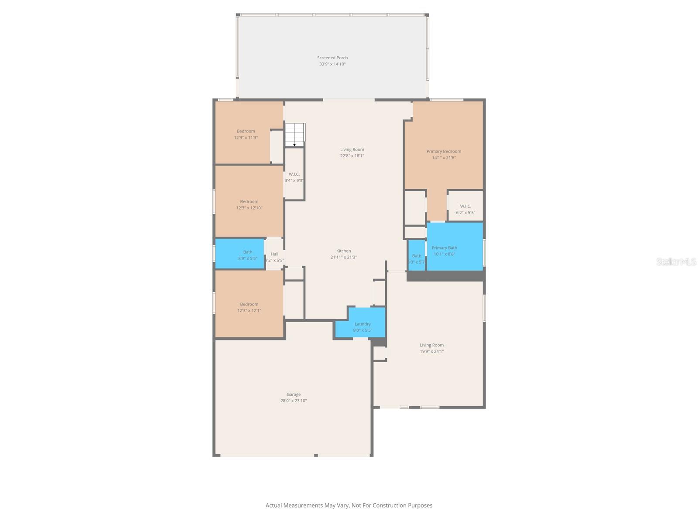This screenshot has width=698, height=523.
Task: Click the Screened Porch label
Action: pos(332,58)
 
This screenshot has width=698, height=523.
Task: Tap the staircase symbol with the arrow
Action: pos(295,135)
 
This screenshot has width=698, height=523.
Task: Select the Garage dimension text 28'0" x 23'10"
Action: pos(294,401)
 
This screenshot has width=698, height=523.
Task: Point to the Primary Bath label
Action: pos(444,248)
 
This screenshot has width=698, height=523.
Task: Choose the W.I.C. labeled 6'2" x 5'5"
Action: pos(465,209)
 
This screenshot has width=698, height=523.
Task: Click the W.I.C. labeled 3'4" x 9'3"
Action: pos(294,177)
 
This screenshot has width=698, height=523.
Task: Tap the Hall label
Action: pos(274,254)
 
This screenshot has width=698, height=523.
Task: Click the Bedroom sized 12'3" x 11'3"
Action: pos(246,134)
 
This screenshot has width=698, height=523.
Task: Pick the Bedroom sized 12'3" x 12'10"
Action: pos(249,204)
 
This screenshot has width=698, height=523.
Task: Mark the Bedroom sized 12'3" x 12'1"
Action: pos(249,307)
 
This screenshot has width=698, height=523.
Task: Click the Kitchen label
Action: pos(343,251)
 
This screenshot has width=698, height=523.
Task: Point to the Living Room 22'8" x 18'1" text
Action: pos(352,156)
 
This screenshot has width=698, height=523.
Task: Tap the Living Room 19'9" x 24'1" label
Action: pos(431,345)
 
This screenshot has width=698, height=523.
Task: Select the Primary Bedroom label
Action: pos(444,151)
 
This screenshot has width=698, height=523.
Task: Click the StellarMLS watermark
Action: pos(676,261)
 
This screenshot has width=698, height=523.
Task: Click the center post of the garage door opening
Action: pos(316,455)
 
